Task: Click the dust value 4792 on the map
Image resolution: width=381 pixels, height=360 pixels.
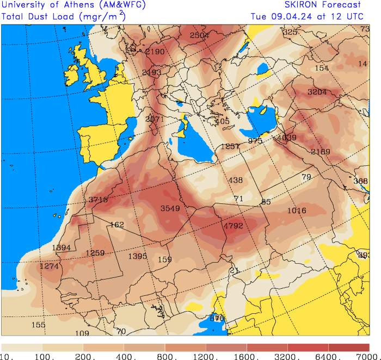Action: [233, 226]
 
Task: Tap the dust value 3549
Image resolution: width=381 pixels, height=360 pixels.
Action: [170, 208]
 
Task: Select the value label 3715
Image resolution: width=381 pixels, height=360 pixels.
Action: [98, 200]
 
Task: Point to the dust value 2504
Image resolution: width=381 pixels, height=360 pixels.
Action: [199, 35]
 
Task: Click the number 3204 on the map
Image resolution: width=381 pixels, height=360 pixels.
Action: [317, 92]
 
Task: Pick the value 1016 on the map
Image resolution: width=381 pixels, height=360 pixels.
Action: [297, 210]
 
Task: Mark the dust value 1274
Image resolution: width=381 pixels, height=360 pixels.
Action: [49, 266]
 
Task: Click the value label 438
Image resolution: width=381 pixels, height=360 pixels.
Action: [236, 181]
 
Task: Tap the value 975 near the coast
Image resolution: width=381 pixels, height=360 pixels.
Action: [255, 141]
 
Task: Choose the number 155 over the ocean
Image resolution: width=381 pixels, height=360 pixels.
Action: [38, 325]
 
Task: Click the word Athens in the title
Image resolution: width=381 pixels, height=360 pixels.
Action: [84, 5]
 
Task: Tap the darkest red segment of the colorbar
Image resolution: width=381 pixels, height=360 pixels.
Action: [348, 347]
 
